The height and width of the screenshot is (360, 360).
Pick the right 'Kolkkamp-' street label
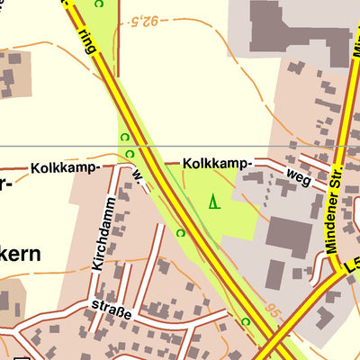(x=215, y=164)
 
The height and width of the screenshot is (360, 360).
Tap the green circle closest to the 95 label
(x=245, y=320)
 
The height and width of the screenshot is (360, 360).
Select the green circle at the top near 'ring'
(x=99, y=4)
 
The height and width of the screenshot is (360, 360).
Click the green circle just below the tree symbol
(x=180, y=233)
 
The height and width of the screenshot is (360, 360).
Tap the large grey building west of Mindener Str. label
(x=289, y=236)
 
